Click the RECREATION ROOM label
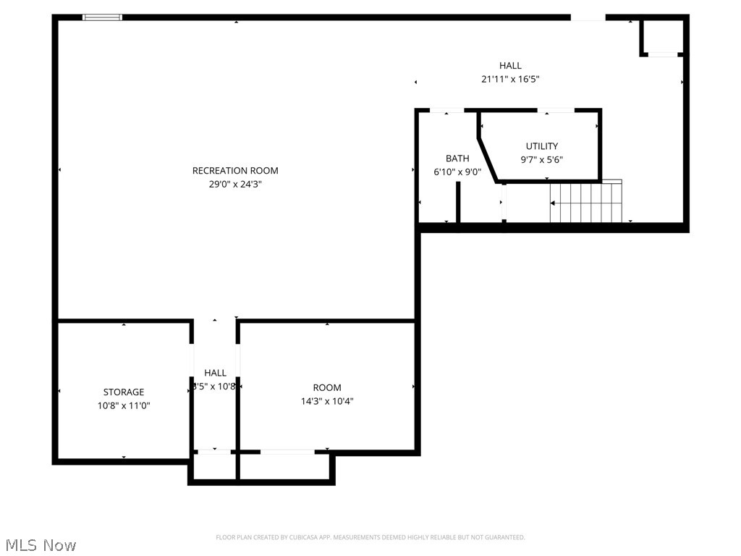(235, 171)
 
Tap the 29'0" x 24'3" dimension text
(235, 185)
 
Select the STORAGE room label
(124, 392)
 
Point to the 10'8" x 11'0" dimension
(124, 406)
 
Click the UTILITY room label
(542, 146)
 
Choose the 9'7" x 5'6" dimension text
(542, 160)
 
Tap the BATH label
(457, 159)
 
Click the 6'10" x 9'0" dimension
(457, 172)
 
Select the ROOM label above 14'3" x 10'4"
(327, 387)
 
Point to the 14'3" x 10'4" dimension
(327, 401)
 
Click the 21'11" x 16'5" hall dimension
(510, 80)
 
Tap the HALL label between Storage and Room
(215, 373)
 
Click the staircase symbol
(586, 203)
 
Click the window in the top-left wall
(102, 17)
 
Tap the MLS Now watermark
(40, 544)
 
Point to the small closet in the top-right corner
(662, 36)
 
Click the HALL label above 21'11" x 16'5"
(510, 66)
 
